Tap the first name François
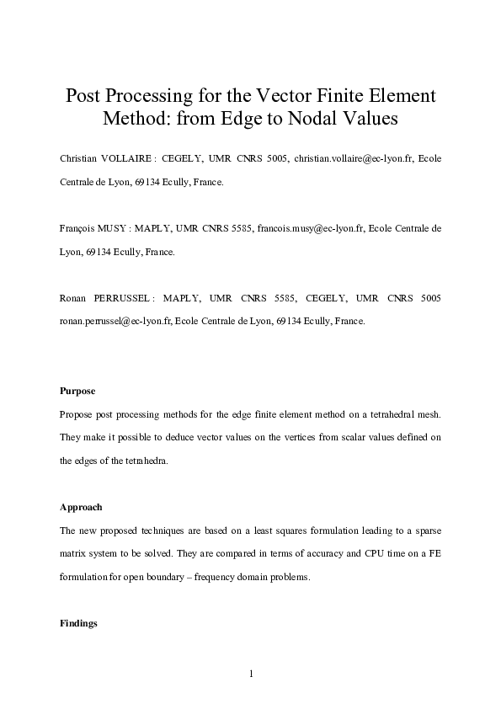pyautogui.click(x=78, y=228)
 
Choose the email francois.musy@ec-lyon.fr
pyautogui.click(x=311, y=228)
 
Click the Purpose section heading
pyautogui.click(x=77, y=392)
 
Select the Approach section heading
pyautogui.click(x=81, y=508)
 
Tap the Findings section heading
pyautogui.click(x=79, y=624)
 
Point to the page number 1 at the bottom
pyautogui.click(x=251, y=673)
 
